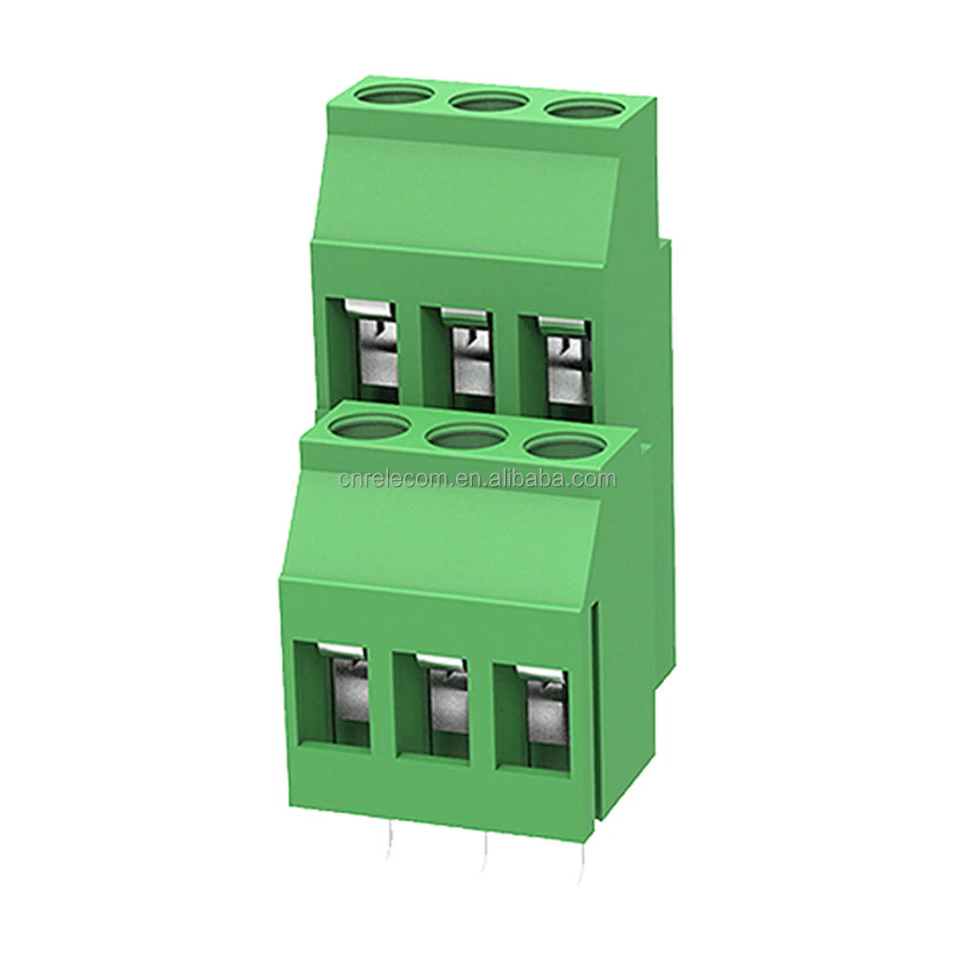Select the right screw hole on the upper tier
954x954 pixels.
579,110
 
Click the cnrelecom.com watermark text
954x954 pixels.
477,478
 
